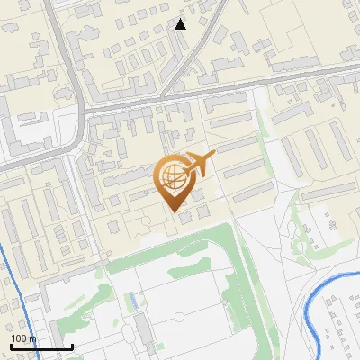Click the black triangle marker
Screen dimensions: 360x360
point(181,24)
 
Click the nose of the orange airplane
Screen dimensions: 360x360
point(215,155)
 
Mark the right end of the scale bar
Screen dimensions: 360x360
point(72,347)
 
